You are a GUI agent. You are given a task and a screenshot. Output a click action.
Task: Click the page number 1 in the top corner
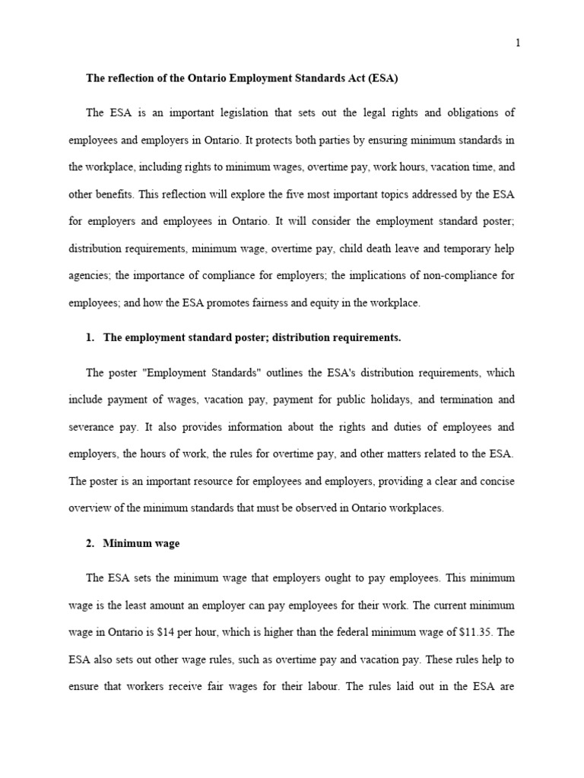pos(518,43)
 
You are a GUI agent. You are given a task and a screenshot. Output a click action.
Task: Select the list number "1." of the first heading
pos(91,338)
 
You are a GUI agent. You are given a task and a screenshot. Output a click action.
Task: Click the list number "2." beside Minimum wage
pos(91,543)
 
